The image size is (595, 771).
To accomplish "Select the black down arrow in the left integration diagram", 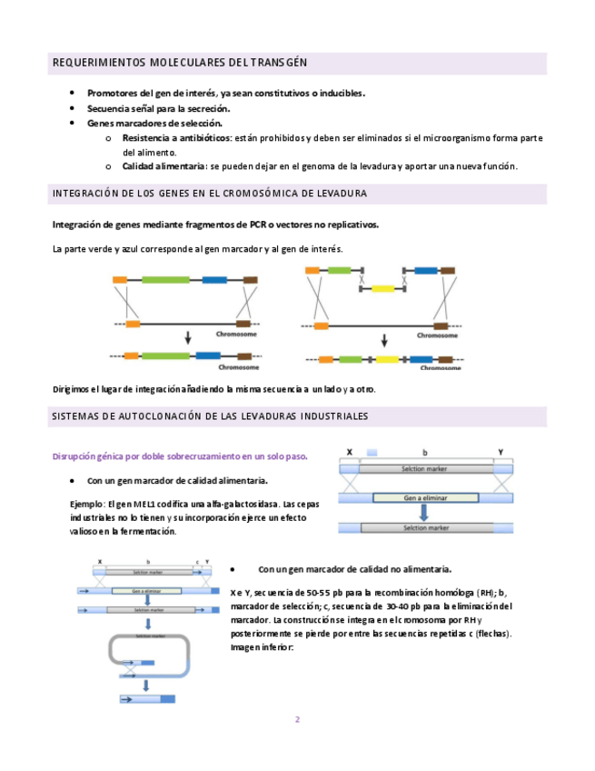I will (x=187, y=338).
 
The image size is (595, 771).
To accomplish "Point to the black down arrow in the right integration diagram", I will (x=385, y=339).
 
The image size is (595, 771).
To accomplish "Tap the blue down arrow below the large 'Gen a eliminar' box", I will (x=425, y=514).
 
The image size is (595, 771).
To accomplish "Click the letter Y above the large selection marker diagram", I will (x=501, y=452).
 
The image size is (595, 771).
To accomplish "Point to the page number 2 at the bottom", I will (x=296, y=719).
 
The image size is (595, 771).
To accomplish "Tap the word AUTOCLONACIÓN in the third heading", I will (x=156, y=416).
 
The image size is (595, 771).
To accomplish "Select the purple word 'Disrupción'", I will (x=78, y=456).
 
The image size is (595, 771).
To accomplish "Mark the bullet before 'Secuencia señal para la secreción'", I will (x=73, y=107).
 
